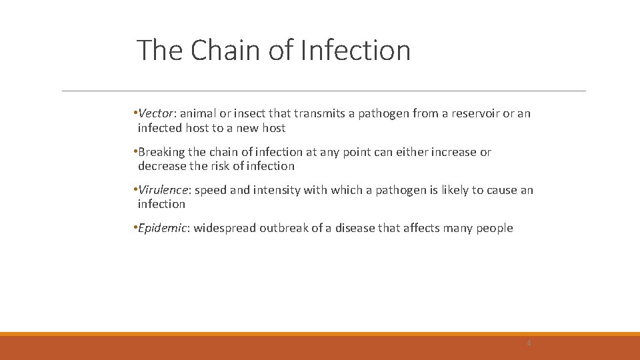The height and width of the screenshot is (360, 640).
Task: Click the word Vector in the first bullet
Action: (x=155, y=113)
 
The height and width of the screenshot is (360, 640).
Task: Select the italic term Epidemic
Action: (x=163, y=228)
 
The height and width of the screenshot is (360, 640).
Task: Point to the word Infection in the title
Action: (x=355, y=50)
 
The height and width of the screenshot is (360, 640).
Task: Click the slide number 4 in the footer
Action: (x=529, y=343)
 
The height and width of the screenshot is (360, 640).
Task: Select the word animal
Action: (x=198, y=113)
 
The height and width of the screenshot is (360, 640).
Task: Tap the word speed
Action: (x=211, y=190)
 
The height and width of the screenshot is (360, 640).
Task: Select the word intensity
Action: (x=277, y=190)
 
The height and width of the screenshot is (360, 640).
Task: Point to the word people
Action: (x=494, y=228)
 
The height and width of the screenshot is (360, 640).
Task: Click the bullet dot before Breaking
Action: (x=135, y=152)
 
